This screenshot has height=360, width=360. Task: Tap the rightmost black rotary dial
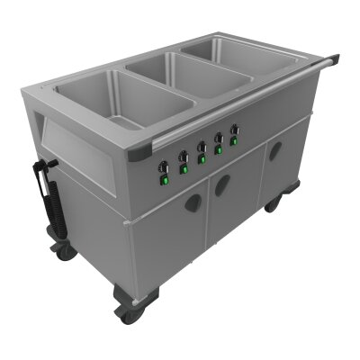point(236,130)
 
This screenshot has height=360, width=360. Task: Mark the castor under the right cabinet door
point(271,204)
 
